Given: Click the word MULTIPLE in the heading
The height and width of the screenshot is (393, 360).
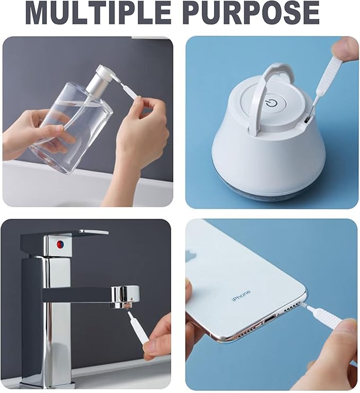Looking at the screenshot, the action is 98,13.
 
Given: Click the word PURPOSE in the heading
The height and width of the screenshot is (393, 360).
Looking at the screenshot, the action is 252,13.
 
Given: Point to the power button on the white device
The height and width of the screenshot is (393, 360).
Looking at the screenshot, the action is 271,103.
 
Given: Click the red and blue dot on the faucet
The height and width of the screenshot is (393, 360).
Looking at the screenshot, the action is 60,244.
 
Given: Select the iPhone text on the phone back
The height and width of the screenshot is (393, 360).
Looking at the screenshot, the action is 241,296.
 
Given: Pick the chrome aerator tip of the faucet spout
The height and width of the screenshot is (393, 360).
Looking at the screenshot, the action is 125,305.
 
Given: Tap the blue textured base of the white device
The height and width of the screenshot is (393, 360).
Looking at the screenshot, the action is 268,193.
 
